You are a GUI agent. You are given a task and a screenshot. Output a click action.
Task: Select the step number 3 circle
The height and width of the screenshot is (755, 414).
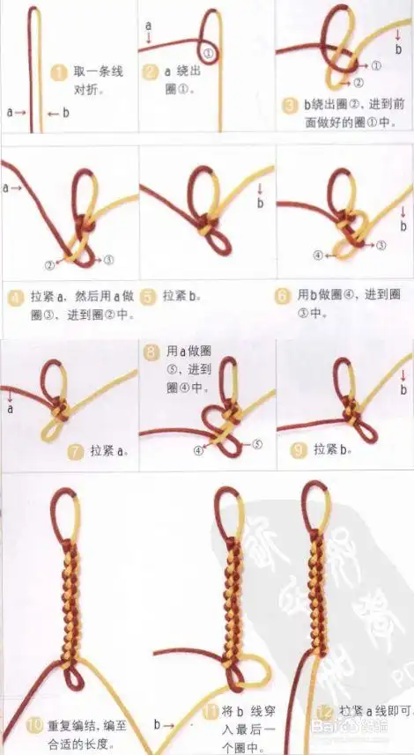point(288,106)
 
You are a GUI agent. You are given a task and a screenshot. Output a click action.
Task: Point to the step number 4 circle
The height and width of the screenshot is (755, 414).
point(15,297)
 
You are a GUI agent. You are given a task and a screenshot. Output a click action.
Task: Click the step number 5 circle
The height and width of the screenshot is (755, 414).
point(149,296)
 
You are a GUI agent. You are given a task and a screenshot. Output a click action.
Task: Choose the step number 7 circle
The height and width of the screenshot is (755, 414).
point(76,452)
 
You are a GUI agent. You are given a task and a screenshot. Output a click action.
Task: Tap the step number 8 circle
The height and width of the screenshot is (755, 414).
point(152,352)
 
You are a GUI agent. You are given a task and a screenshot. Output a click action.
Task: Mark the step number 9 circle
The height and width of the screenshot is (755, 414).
point(298,449)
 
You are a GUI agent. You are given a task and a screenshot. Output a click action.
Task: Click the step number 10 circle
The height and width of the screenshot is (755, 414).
point(34,726)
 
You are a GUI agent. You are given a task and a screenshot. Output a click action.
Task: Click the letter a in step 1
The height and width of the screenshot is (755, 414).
point(10,112)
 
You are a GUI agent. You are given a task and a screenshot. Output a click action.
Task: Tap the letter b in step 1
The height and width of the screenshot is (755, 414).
point(65,112)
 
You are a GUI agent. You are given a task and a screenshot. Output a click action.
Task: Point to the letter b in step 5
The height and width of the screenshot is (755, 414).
point(261,204)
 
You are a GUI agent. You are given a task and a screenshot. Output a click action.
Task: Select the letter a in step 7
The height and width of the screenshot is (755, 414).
point(11,410)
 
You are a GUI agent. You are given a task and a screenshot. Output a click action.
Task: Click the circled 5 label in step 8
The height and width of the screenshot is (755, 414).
point(258,445)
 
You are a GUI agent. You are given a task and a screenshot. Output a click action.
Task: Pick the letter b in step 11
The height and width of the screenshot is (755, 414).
point(158,725)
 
